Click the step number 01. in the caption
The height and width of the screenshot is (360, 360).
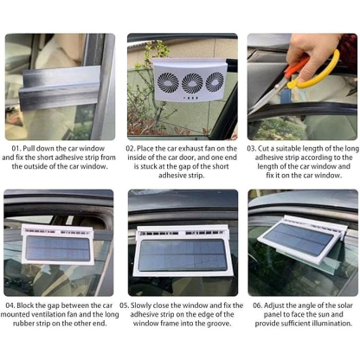(16, 148)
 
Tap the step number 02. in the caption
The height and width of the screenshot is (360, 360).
(133, 148)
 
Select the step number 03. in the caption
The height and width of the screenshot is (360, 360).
(252, 148)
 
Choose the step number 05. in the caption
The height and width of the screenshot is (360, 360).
(125, 306)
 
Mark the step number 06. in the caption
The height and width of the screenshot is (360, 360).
(258, 306)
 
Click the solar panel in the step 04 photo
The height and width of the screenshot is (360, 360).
(57, 249)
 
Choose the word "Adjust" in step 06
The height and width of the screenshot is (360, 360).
(280, 306)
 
